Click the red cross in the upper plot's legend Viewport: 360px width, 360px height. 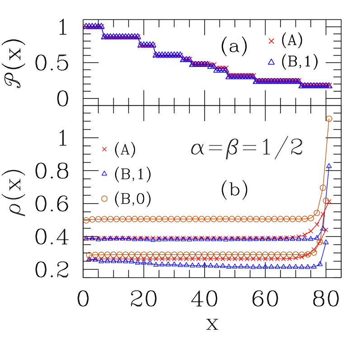[x=271, y=41]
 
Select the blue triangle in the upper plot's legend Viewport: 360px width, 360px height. [x=271, y=62]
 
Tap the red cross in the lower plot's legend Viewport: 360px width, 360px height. [x=104, y=150]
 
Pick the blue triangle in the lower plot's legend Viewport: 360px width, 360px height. [x=104, y=173]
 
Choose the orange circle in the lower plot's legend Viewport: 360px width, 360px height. [x=104, y=199]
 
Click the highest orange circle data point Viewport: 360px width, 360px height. [x=329, y=119]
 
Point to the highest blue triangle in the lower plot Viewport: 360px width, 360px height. [x=329, y=166]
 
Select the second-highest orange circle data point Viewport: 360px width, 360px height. [x=323, y=187]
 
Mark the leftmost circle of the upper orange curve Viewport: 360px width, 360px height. [x=86, y=220]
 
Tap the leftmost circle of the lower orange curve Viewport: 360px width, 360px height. [x=89, y=255]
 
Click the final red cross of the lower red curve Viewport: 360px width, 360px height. [x=326, y=230]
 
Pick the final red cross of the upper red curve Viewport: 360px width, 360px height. [x=328, y=201]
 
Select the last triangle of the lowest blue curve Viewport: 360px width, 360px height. [x=326, y=242]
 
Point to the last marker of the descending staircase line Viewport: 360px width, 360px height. [x=329, y=85]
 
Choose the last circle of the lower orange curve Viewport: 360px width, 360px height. [x=326, y=201]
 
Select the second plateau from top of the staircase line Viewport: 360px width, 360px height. [x=121, y=36]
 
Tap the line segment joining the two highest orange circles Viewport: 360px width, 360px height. [x=326, y=153]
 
